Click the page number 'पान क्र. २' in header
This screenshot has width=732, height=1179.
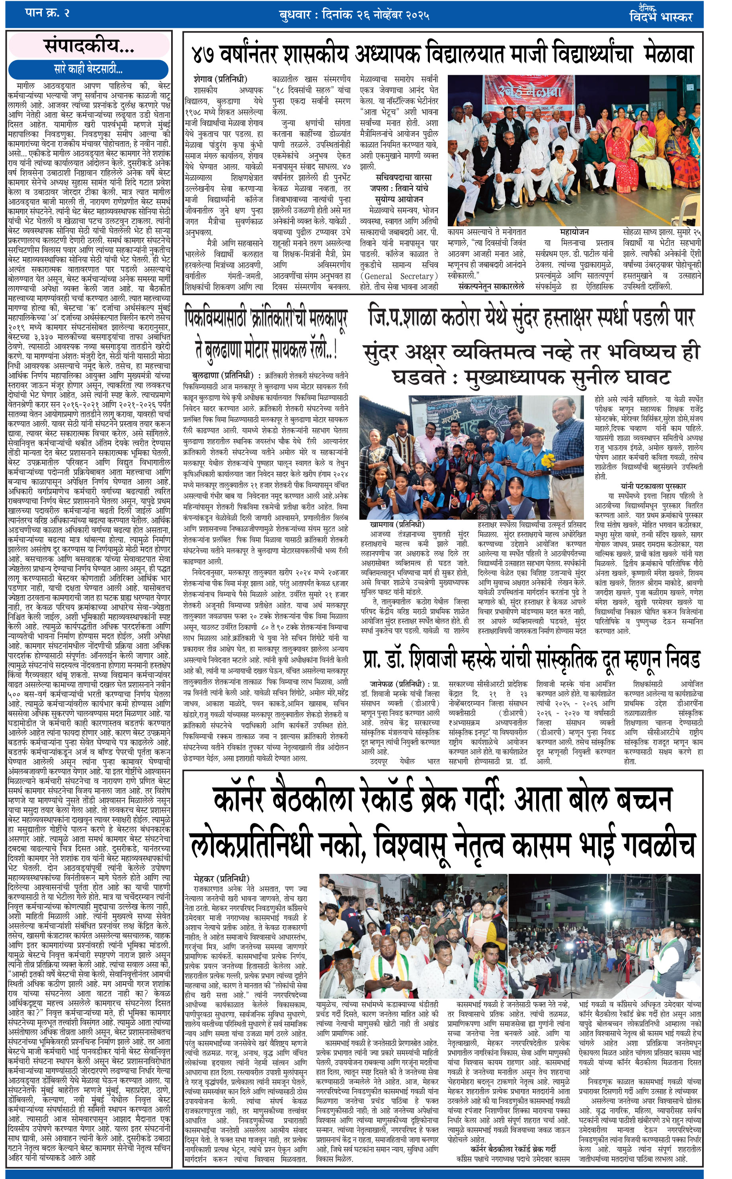[x=47, y=13]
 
